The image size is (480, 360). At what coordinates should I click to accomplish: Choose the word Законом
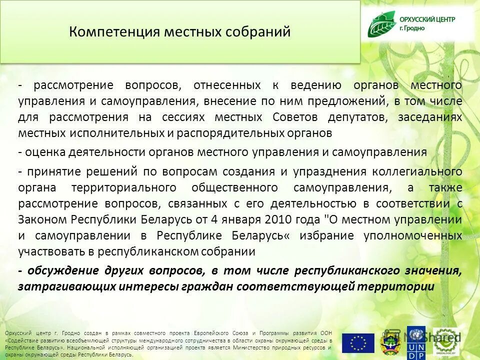[x=42, y=219]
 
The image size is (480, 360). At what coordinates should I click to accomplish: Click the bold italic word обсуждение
[x=63, y=270]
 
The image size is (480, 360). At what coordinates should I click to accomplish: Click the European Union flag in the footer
[x=358, y=343]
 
